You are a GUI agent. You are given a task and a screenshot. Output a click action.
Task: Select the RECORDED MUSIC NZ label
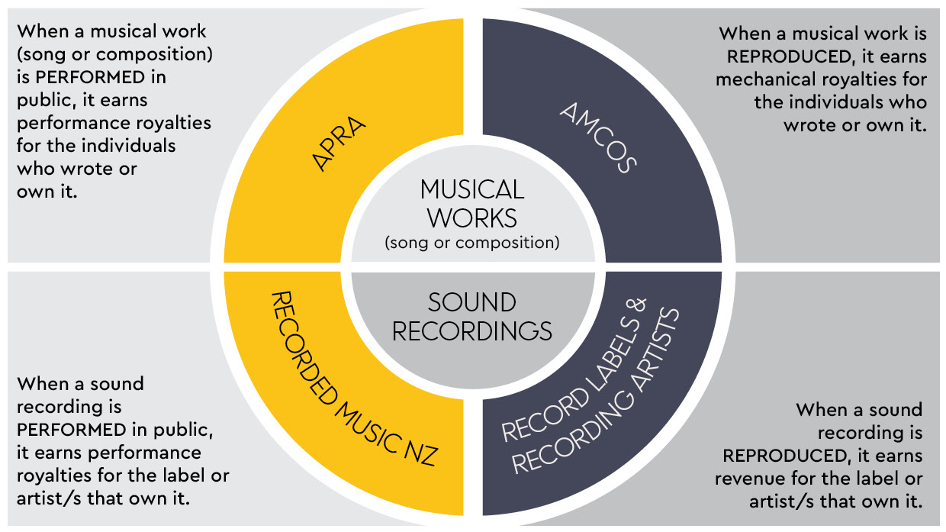353,377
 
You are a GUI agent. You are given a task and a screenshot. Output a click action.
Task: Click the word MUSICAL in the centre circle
472,189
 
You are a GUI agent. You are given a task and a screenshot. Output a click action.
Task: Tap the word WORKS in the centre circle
472,218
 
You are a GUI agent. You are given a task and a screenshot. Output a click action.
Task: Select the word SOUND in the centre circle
472,302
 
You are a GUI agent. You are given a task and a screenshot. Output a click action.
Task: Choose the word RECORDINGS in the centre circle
472,330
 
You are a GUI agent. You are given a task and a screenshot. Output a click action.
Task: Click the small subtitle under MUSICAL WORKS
472,243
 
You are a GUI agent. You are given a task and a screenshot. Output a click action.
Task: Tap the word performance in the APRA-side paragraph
67,123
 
